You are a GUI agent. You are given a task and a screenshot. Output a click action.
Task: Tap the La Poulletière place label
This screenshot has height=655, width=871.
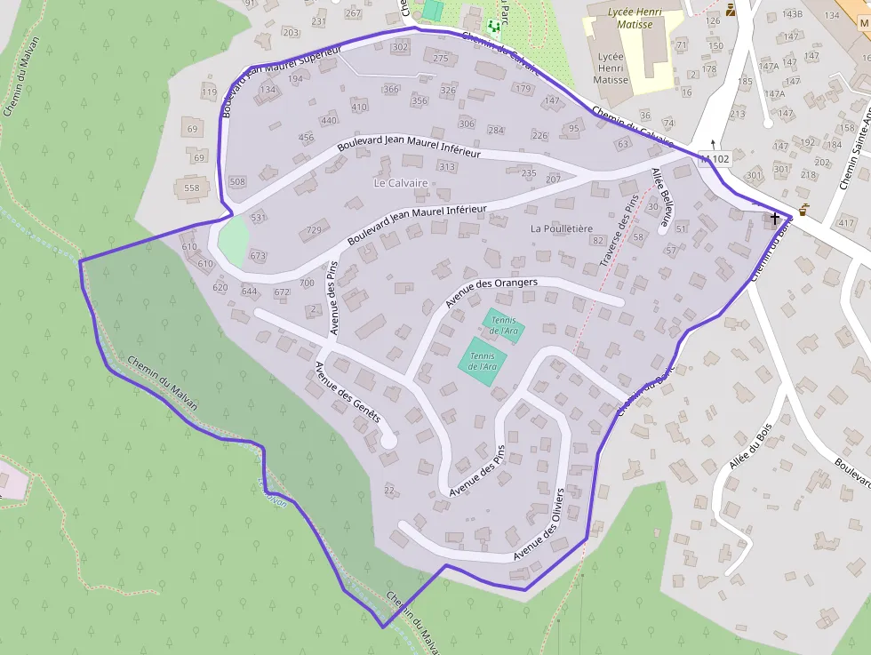[x=561, y=228]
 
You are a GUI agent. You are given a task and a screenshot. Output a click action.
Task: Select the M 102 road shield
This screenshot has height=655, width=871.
[x=715, y=159]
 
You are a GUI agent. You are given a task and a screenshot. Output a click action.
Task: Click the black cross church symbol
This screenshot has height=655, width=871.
[x=775, y=217]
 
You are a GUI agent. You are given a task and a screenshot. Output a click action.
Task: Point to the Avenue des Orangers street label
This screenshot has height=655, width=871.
[x=491, y=294]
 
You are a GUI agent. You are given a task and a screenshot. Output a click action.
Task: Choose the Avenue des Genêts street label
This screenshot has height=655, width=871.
[x=348, y=391]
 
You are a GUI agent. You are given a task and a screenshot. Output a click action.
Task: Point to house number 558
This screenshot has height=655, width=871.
[x=192, y=188]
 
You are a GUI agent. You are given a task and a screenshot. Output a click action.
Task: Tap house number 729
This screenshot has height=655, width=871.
[x=314, y=230]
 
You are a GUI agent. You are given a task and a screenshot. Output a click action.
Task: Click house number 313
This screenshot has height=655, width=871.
[x=447, y=166]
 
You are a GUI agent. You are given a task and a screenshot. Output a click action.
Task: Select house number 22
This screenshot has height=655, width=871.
[x=388, y=490]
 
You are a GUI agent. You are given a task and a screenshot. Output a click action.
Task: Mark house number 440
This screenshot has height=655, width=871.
[x=329, y=121]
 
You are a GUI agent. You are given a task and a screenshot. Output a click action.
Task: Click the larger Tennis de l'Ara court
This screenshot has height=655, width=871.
[x=483, y=362]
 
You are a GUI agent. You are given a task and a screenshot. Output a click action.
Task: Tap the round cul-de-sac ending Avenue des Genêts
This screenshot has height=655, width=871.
[x=388, y=439]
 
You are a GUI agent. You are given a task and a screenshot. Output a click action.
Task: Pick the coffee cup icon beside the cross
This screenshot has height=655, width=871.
[x=803, y=210]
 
